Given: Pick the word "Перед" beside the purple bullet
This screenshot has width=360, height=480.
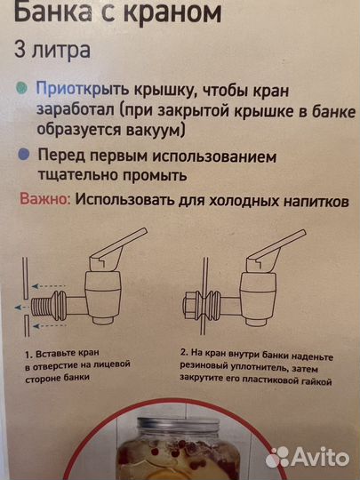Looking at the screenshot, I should [x=60, y=154].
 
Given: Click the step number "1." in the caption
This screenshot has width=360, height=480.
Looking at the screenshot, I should [x=28, y=353].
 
